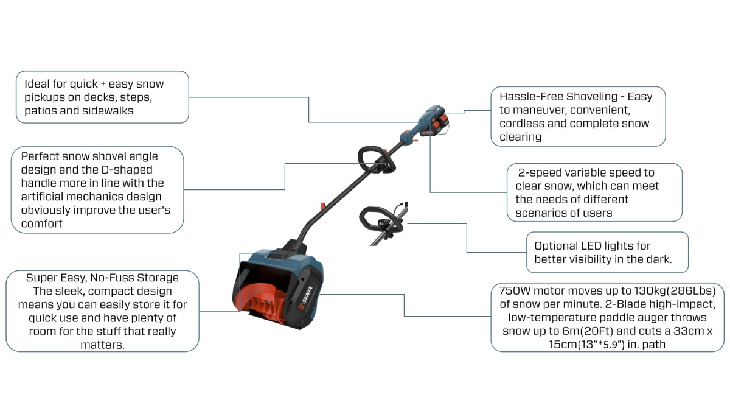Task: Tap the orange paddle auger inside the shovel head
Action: click(x=262, y=298)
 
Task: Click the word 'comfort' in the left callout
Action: click(x=42, y=223)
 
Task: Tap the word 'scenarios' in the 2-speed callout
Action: click(x=538, y=213)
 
